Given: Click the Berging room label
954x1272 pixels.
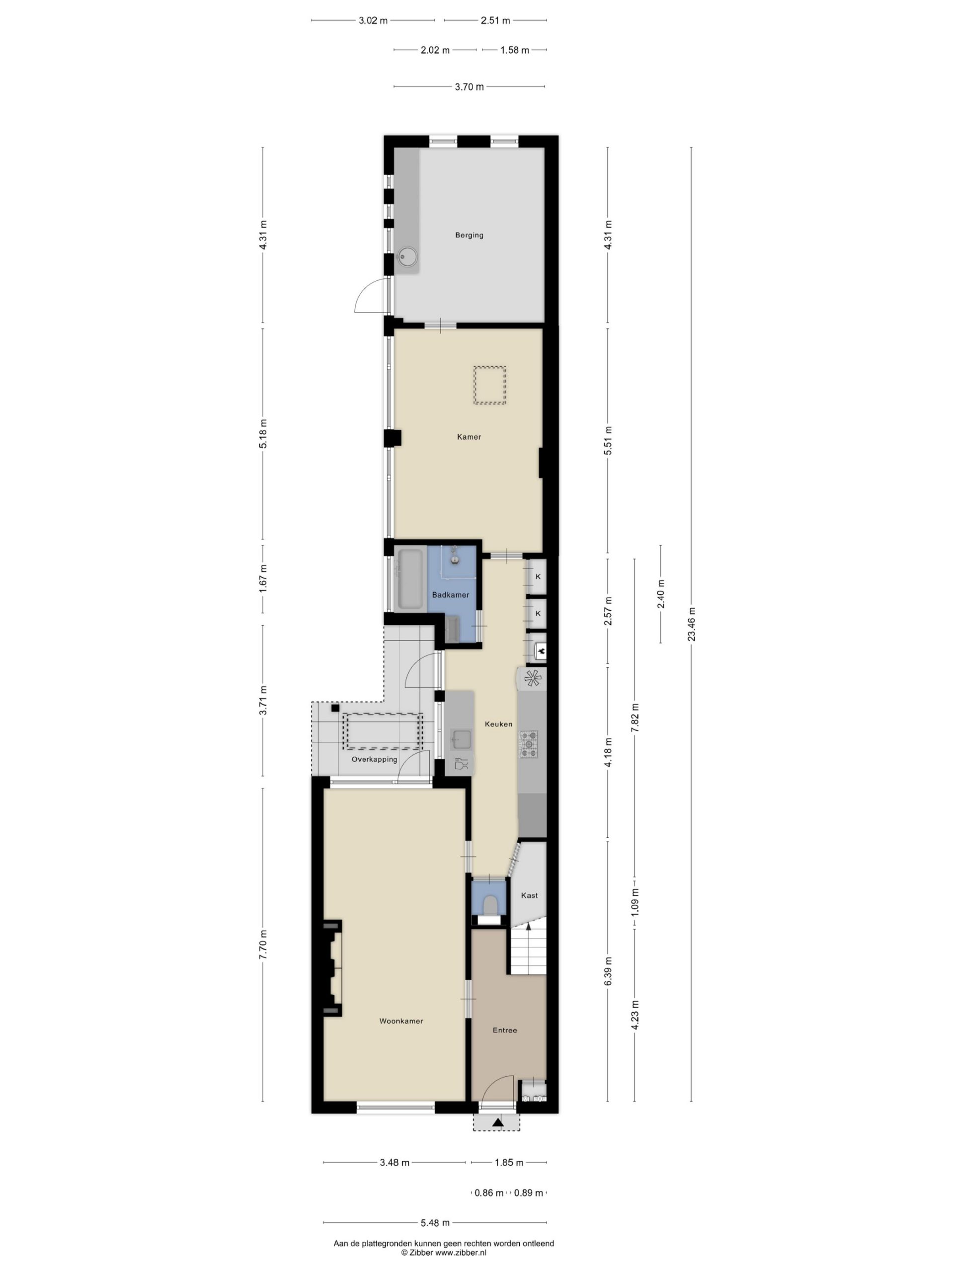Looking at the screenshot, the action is pos(469,235).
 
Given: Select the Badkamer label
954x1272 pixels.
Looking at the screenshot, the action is pos(450,595).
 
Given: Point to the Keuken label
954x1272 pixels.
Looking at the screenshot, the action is pos(498,724).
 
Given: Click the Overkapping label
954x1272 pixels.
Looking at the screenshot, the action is pos(374,759).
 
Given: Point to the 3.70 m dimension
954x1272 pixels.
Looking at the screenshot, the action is pos(469,87).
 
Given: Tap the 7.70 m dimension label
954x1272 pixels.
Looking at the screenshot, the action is pos(263,944).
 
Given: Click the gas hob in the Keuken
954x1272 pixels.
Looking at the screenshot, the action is pos(529,743).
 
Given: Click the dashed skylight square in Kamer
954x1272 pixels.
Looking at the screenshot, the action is pos(489,385).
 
